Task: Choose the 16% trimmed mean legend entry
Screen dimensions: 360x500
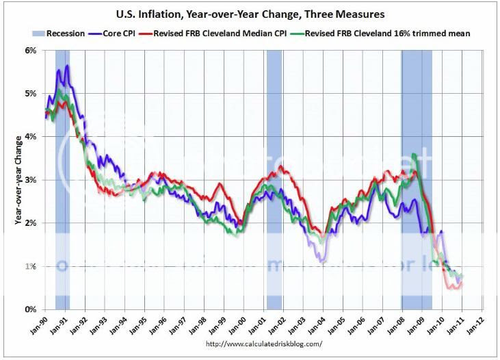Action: [x=388, y=32]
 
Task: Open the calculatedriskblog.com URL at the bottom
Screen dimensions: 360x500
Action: [x=263, y=344]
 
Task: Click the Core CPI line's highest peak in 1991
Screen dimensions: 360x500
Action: [x=67, y=66]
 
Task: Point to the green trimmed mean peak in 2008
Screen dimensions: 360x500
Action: [x=414, y=155]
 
